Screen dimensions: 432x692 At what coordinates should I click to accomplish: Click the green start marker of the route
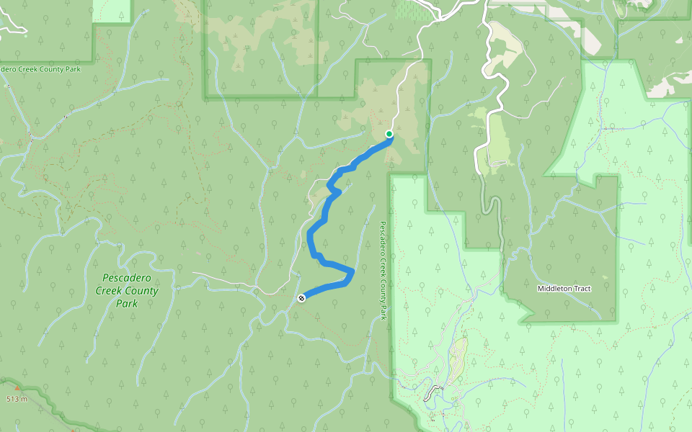[x=389, y=134]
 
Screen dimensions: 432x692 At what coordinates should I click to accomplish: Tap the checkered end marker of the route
[x=301, y=297]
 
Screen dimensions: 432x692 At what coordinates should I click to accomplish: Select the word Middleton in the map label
[x=554, y=289]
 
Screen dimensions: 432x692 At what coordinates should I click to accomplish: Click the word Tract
[x=582, y=289]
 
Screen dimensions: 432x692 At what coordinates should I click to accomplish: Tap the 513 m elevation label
[x=17, y=399]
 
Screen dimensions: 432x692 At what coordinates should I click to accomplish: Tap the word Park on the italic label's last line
[x=127, y=304]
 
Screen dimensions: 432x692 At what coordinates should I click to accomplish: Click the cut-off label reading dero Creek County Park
[x=40, y=69]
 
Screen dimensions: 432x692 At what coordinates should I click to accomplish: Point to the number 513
[x=13, y=399]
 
